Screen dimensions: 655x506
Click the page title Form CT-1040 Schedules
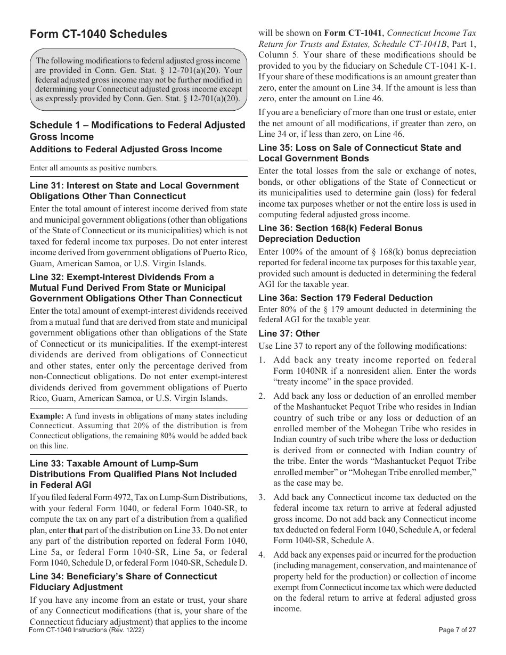(x=99, y=34)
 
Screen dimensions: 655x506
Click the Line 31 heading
(x=134, y=191)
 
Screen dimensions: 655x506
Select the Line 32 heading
(x=135, y=288)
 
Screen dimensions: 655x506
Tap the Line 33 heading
(x=133, y=474)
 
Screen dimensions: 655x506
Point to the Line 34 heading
(x=124, y=582)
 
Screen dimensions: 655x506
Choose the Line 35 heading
(x=360, y=153)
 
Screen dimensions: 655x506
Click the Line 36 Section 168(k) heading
(x=340, y=233)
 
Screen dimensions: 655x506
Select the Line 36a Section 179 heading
(x=346, y=298)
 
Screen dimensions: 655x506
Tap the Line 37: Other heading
(x=289, y=333)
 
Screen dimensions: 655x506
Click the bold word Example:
(x=46, y=416)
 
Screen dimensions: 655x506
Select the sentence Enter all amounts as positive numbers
(x=94, y=168)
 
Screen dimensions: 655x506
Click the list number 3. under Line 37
(x=262, y=497)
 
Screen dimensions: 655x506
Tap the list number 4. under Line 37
(x=262, y=554)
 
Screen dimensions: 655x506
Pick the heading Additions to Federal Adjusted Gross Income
(x=126, y=150)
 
